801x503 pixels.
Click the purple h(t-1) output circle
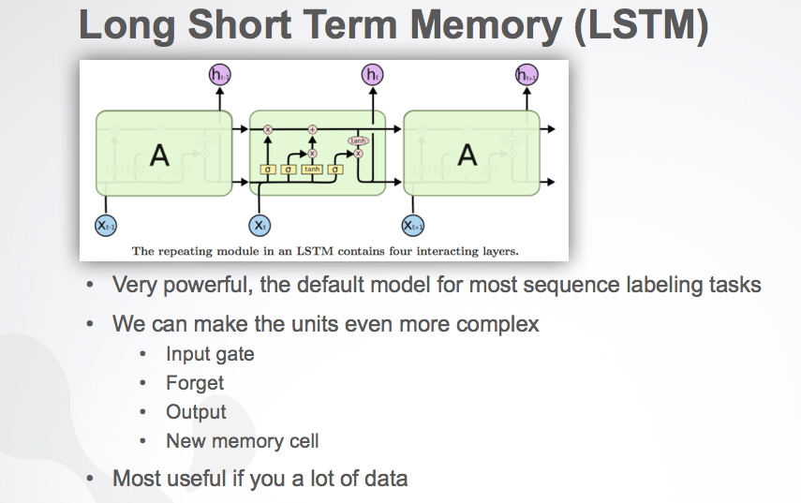[x=217, y=75]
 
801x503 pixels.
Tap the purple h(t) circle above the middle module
[x=371, y=75]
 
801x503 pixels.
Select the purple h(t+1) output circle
[x=527, y=75]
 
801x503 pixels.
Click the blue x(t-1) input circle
[x=106, y=225]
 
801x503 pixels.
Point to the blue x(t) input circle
[x=260, y=225]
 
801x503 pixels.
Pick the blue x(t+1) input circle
[x=413, y=225]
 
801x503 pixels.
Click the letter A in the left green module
[x=160, y=155]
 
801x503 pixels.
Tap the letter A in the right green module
[x=467, y=155]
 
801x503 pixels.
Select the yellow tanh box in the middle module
[x=311, y=170]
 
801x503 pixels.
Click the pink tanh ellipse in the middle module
[x=357, y=141]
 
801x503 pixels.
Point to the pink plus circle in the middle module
[x=313, y=128]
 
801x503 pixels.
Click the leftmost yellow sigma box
[x=268, y=170]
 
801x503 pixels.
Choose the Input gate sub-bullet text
[x=210, y=353]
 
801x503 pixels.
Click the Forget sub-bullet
[x=195, y=382]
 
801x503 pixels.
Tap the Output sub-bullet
[x=196, y=412]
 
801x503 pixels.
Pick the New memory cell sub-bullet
[x=242, y=441]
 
